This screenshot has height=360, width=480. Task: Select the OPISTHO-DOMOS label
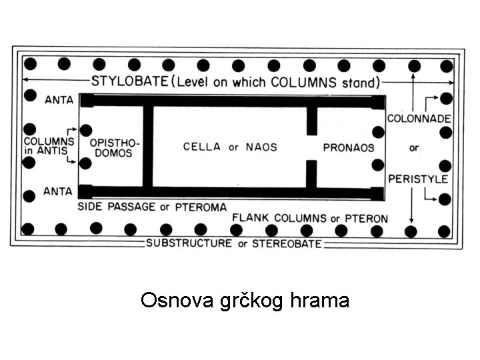click(111, 148)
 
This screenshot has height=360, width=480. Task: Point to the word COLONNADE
click(419, 118)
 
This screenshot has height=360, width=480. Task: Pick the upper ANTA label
click(58, 101)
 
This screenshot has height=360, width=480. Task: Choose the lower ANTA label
click(58, 191)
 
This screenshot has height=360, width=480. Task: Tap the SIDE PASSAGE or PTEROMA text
click(152, 207)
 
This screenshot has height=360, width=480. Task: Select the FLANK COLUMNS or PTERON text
click(309, 219)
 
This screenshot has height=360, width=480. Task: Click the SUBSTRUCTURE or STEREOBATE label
click(234, 243)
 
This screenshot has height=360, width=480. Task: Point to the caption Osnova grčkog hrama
click(245, 301)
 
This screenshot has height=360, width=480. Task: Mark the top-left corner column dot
click(30, 65)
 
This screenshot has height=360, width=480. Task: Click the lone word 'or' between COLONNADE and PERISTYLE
click(414, 148)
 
